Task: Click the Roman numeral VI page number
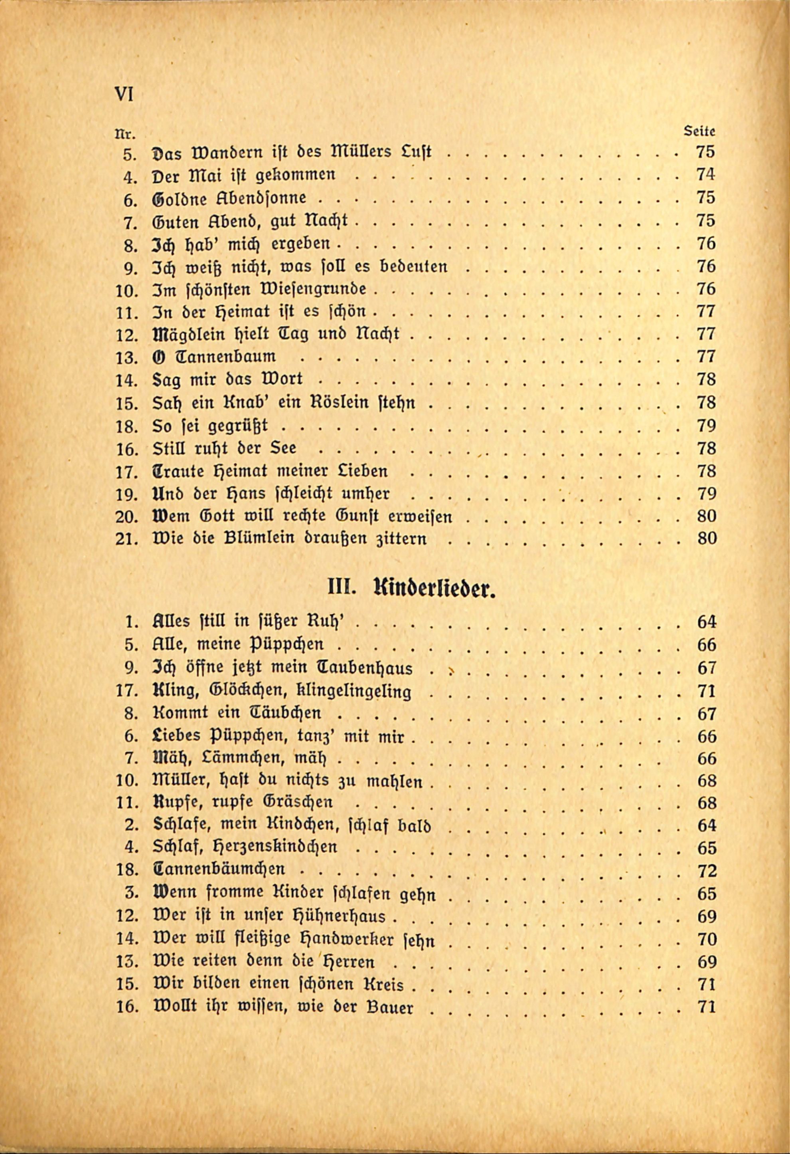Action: click(124, 94)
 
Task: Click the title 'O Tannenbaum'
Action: click(214, 357)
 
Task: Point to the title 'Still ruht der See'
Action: click(224, 448)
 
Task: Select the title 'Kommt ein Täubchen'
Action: click(237, 714)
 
